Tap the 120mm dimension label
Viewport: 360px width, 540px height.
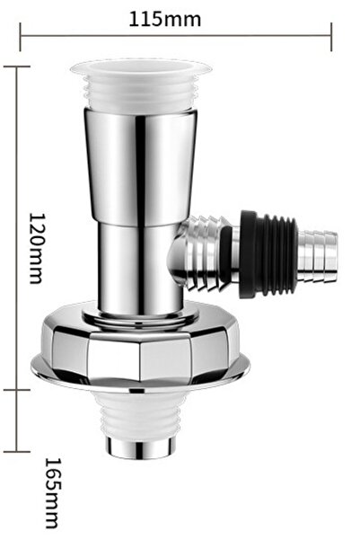point(37,248)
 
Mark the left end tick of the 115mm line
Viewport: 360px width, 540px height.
point(20,37)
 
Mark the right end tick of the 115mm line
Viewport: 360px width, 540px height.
point(332,37)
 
